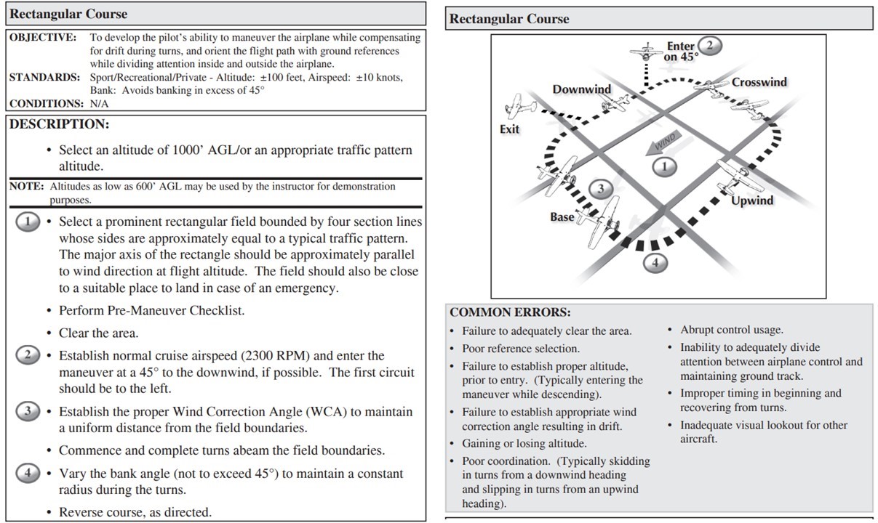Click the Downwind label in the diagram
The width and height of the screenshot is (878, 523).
(581, 89)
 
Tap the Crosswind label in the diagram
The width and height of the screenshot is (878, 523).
(759, 82)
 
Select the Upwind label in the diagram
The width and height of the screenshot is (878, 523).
(752, 200)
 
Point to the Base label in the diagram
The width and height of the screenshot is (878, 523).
(562, 216)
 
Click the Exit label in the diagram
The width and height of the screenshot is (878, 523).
(509, 129)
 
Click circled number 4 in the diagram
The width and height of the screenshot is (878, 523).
(655, 262)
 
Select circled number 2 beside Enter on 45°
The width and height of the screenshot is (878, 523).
(710, 45)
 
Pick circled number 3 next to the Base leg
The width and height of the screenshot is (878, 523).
(600, 189)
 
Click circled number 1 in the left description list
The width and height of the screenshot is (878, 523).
(28, 222)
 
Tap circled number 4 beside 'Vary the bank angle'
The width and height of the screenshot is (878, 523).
(28, 473)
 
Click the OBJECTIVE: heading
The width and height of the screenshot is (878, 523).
(42, 37)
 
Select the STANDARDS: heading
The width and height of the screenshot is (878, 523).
(44, 77)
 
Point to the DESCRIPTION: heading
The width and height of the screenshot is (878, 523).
(59, 124)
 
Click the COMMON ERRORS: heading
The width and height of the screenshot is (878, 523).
(510, 312)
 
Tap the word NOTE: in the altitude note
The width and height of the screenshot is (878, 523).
(26, 187)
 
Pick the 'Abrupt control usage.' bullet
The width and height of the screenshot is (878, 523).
(731, 330)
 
